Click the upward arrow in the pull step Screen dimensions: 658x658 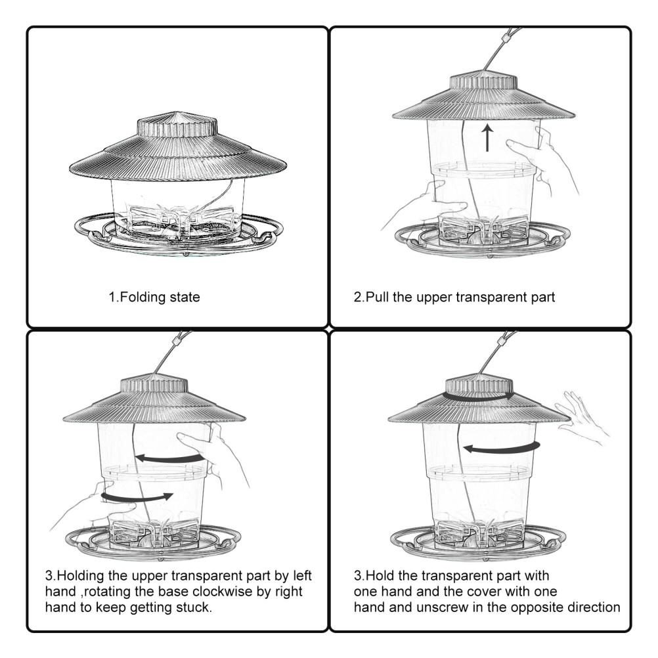[487, 139]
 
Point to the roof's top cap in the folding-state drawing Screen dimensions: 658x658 [176, 125]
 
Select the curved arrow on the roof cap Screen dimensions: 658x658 [479, 397]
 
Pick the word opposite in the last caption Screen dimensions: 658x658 [542, 607]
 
